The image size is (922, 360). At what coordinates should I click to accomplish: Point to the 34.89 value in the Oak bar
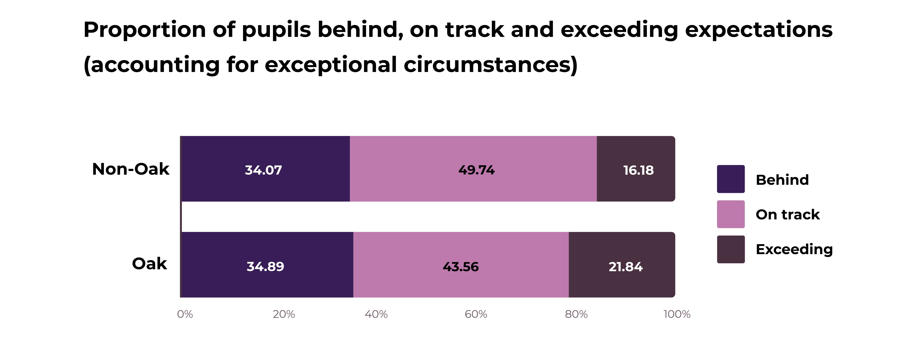coord(265,267)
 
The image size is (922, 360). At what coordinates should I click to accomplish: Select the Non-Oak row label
coord(131,169)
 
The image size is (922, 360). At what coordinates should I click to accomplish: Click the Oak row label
coord(149,264)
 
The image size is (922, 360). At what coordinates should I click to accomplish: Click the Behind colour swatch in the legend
coord(731,179)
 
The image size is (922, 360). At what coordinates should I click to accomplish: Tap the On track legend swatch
coord(731,214)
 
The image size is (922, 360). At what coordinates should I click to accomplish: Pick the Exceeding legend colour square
coord(731,249)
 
